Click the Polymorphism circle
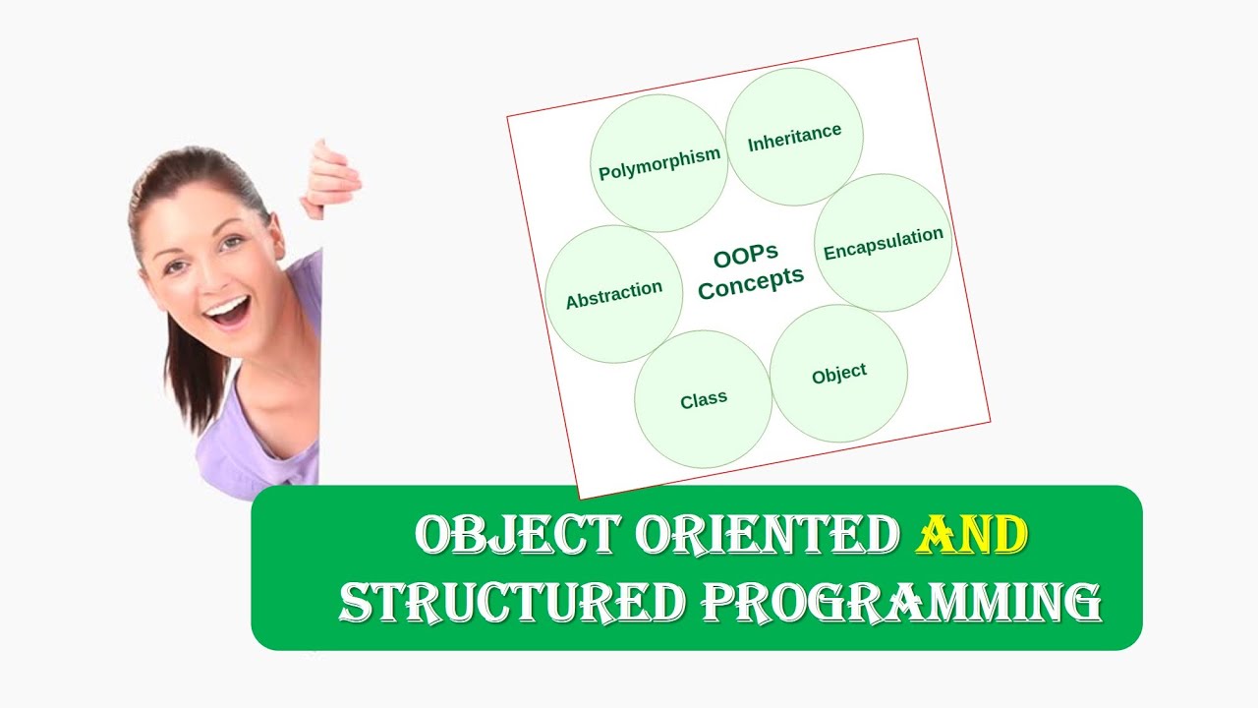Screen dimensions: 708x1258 point(659,163)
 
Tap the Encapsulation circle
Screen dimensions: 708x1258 point(883,243)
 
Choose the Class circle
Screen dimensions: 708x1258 point(703,399)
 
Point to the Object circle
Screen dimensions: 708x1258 point(838,374)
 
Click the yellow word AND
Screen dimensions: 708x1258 point(972,536)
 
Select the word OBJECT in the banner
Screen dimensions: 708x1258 point(517,536)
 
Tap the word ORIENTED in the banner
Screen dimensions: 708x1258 point(767,536)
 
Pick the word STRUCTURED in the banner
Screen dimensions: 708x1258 point(511,602)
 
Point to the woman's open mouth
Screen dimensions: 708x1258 point(227,314)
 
